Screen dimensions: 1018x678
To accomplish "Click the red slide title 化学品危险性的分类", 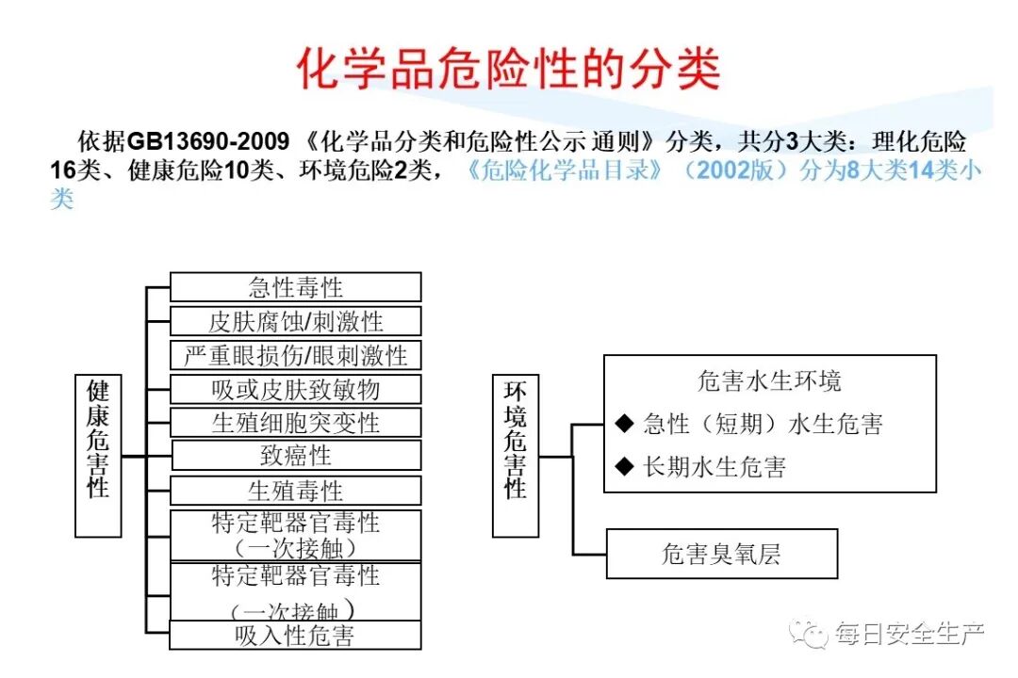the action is [x=509, y=69].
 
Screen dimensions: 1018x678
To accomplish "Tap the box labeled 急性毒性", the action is [x=295, y=287].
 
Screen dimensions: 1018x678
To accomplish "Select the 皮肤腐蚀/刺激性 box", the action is [x=295, y=321].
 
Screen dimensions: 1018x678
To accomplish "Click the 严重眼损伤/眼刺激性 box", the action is [x=295, y=355].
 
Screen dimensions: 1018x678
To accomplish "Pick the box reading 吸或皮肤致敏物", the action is [x=295, y=389].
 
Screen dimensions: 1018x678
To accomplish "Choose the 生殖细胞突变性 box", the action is [x=295, y=422].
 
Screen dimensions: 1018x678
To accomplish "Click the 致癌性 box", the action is [x=295, y=456].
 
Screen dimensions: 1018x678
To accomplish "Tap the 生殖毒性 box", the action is [x=295, y=491].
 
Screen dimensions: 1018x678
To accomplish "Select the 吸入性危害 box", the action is [x=295, y=635].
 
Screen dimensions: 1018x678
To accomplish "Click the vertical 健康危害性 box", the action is [x=98, y=455].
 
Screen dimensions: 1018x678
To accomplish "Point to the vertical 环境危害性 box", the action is [x=516, y=455].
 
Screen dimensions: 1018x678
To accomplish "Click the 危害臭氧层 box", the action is [x=721, y=554].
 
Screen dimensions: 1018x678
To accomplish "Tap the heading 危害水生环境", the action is [x=769, y=381].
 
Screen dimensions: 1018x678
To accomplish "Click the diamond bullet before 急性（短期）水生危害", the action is [x=623, y=424].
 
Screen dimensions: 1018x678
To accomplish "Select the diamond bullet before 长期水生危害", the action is [x=623, y=465].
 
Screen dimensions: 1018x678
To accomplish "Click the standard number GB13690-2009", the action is [x=208, y=142].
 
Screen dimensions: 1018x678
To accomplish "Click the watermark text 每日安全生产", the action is [x=910, y=634].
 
